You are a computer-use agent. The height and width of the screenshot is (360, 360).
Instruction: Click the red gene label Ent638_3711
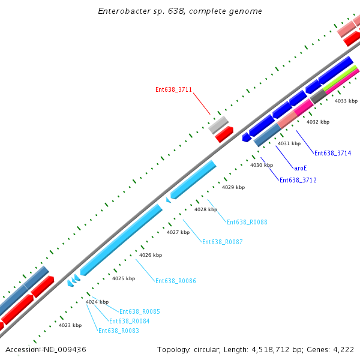point(173,90)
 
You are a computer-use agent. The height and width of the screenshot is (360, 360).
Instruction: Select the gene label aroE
point(301,169)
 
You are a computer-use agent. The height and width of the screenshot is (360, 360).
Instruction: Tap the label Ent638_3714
point(332,153)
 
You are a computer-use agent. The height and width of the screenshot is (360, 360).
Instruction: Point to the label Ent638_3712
point(298,180)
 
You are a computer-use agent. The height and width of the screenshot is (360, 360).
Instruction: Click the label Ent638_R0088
point(247,222)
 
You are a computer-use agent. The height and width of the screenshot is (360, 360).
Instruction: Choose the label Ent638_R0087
point(223,242)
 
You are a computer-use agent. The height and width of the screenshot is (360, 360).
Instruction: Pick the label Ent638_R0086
point(176,281)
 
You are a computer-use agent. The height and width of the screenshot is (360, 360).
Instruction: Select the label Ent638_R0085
point(139,311)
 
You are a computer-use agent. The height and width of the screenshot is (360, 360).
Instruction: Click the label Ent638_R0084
point(130,321)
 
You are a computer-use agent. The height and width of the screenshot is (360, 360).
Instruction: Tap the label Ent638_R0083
point(119,331)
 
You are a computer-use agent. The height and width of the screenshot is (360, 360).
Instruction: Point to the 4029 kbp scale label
point(233,187)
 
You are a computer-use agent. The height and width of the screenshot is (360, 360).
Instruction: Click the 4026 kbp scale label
point(151,255)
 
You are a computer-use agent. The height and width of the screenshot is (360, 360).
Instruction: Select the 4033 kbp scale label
point(346,101)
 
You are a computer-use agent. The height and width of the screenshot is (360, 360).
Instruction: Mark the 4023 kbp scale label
point(70,325)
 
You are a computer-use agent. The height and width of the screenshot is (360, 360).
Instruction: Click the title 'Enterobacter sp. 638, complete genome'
point(180,11)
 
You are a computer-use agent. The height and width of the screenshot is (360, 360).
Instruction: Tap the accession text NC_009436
point(46,349)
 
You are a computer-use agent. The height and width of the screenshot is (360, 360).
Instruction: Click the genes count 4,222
point(342,349)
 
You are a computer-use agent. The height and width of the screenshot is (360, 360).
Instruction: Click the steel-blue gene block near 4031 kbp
point(268,135)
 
